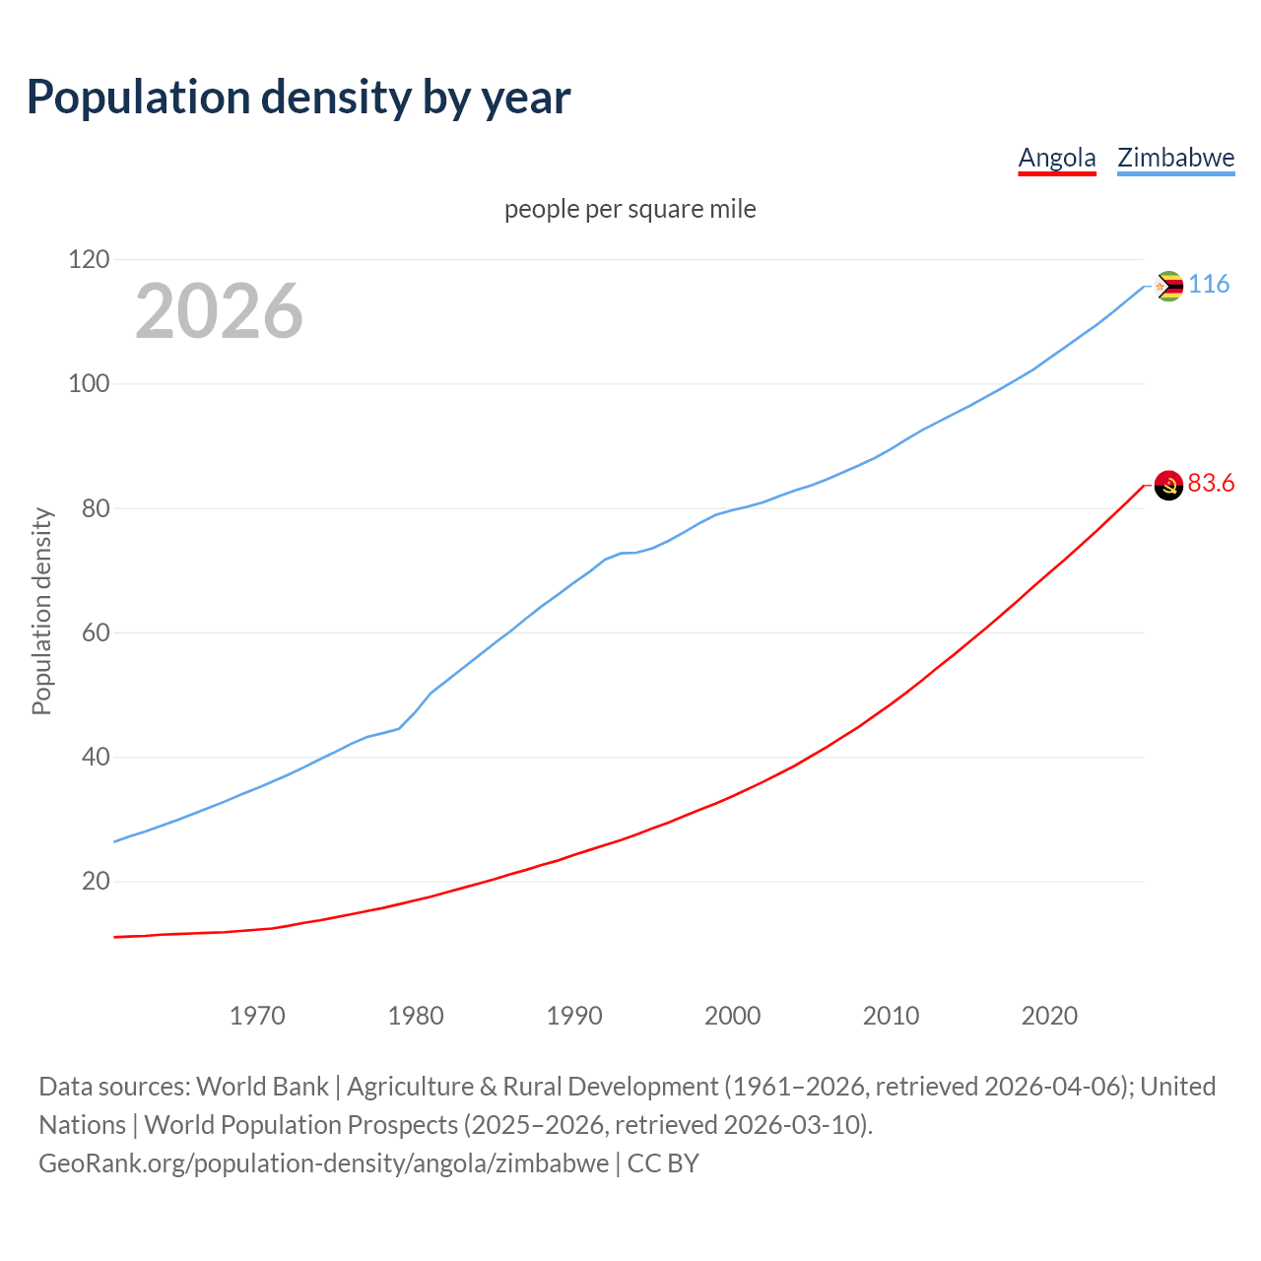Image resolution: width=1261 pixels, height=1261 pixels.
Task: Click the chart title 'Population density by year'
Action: [x=299, y=97]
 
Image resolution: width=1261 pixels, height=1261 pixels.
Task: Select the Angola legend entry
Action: [x=1056, y=158]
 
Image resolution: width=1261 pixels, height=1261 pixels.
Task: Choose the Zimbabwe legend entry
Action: [x=1175, y=158]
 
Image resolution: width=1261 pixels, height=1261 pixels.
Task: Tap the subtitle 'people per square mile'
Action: [x=630, y=209]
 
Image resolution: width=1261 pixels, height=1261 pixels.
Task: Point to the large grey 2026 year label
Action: [x=219, y=311]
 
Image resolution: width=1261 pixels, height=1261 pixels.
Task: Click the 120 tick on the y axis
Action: [x=89, y=259]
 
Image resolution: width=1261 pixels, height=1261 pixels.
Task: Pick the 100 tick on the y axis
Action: [x=89, y=384]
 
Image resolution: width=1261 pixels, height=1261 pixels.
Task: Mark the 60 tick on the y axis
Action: [x=95, y=632]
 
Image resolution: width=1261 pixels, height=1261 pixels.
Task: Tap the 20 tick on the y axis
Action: [x=95, y=882]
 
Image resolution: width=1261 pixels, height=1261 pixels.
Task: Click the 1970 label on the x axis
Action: [x=257, y=1016]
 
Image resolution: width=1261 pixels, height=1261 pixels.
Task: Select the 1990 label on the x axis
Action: [x=574, y=1016]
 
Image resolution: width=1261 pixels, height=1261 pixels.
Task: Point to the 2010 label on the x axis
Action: [x=891, y=1016]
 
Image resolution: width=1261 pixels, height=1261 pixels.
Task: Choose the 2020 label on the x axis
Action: [x=1049, y=1016]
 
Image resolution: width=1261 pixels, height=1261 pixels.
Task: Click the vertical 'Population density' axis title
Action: [x=41, y=611]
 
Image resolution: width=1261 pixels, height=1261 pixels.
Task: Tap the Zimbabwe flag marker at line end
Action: [x=1168, y=286]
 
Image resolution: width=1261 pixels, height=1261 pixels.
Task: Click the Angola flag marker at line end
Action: [x=1168, y=485]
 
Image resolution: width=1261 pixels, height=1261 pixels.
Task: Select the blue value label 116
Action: [x=1209, y=284]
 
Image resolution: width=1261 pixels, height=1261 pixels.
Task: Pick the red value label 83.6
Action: [x=1211, y=483]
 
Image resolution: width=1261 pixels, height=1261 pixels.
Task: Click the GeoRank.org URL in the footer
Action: [x=323, y=1163]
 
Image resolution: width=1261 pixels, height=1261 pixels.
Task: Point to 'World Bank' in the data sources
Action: [x=262, y=1087]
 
